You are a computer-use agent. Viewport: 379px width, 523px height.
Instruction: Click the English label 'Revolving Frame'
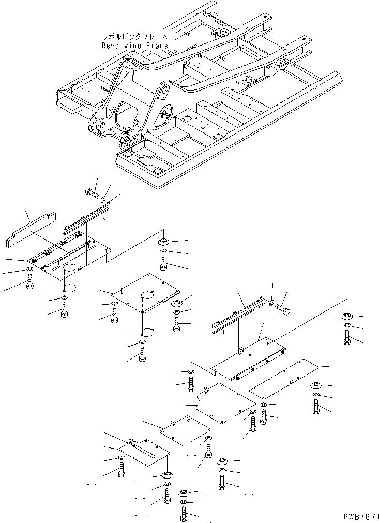point(134,46)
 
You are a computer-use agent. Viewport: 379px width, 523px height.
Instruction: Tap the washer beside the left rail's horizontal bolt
point(104,199)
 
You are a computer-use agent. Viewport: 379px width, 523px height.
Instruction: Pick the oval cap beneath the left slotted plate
point(69,287)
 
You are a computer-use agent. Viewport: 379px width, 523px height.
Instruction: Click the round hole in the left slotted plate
point(70,268)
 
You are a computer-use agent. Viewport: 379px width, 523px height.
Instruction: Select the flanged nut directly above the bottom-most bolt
point(184,492)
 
